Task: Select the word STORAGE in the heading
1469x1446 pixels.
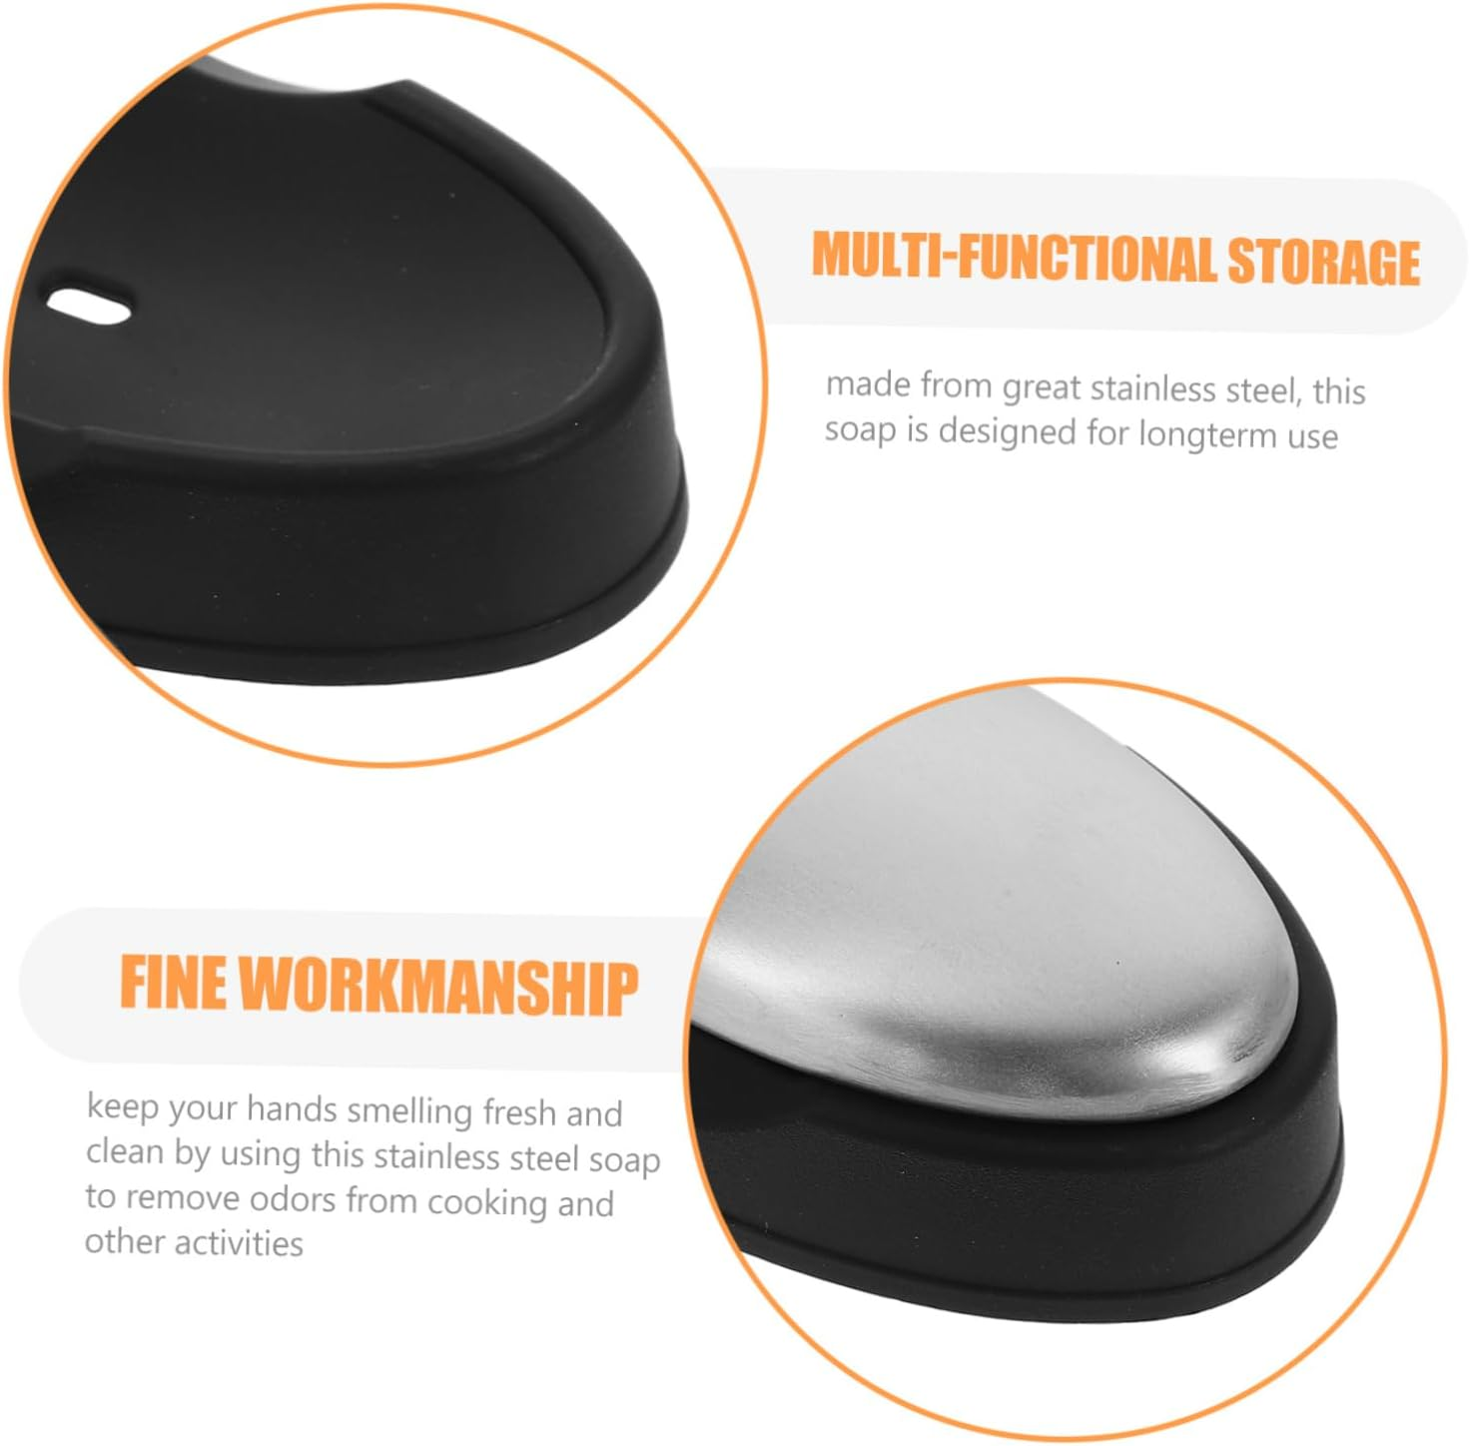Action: coord(1322,262)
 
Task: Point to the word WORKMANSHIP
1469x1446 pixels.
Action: coord(438,988)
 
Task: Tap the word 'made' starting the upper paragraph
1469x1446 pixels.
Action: coord(866,384)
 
